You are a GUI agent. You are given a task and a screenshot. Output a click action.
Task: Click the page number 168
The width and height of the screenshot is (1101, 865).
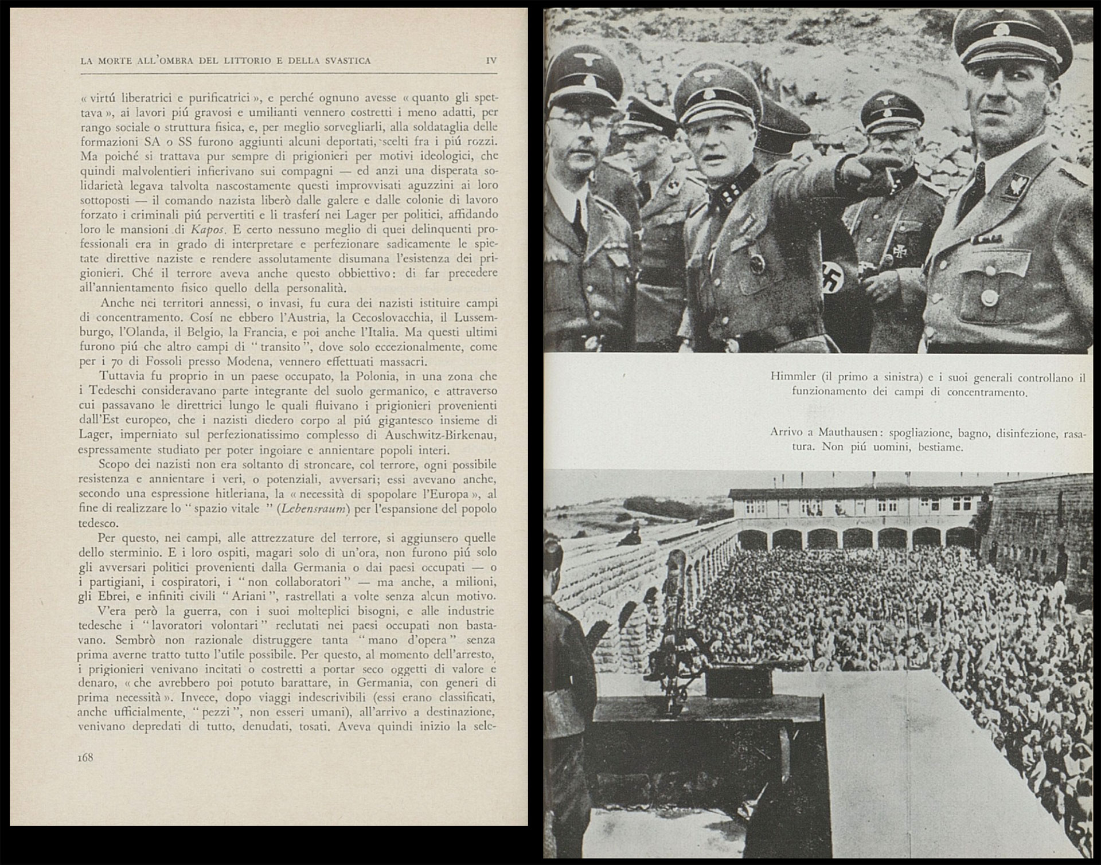coord(85,757)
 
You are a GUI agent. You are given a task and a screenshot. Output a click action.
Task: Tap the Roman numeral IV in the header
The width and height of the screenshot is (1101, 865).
coord(491,60)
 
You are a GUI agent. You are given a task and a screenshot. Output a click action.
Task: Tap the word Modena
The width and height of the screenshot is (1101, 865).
coord(235,362)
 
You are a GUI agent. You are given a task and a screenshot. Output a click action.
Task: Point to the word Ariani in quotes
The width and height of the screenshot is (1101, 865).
coord(245,596)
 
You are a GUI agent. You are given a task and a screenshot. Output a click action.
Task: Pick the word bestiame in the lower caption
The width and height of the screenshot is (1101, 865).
coord(940,447)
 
